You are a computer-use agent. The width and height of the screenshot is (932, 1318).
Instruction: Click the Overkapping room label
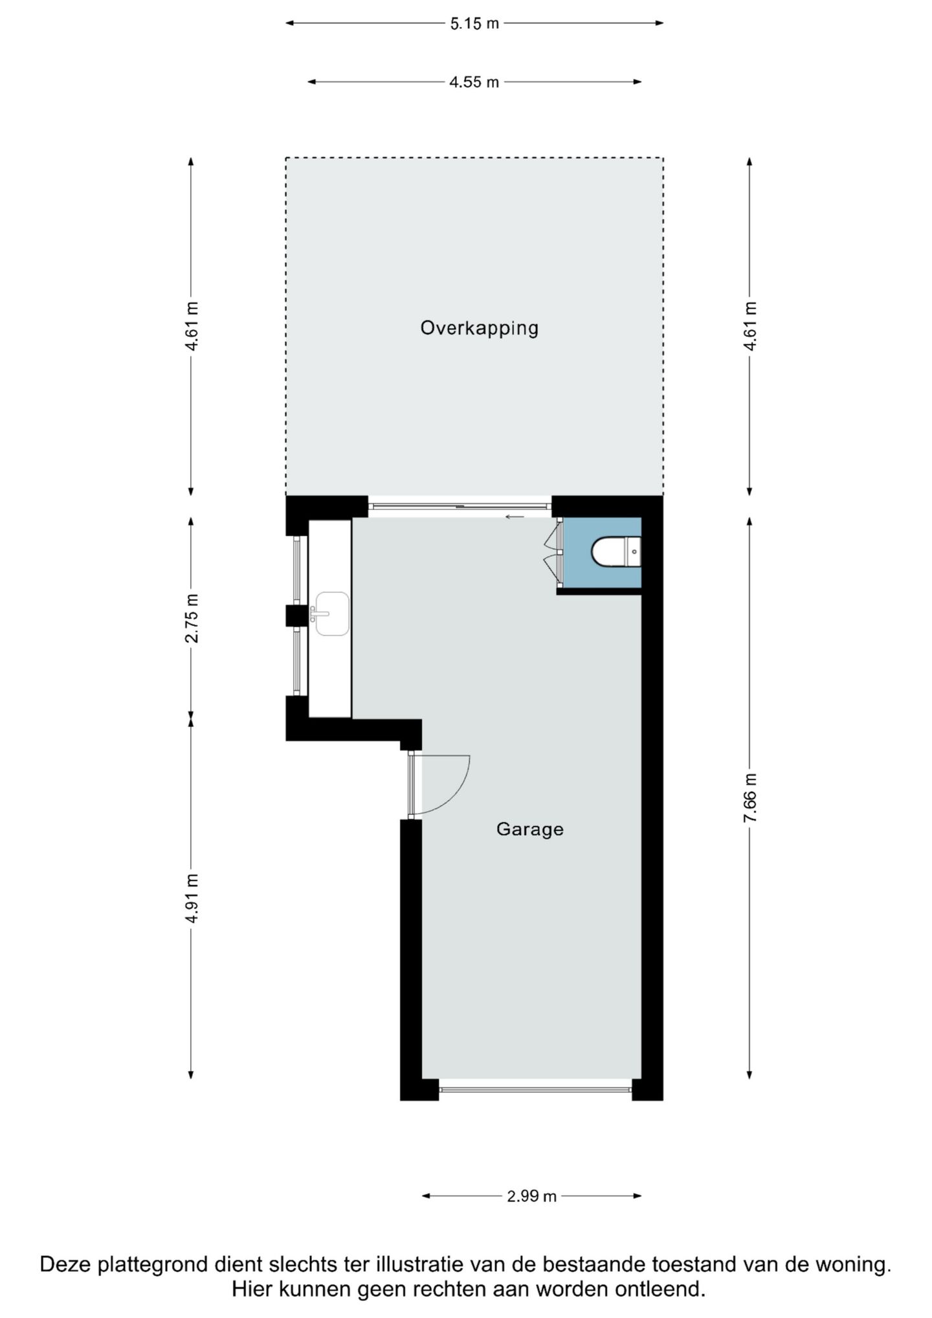point(479,328)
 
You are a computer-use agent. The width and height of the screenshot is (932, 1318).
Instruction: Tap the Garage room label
point(529,829)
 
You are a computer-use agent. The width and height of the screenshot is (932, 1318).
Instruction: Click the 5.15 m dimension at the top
point(474,23)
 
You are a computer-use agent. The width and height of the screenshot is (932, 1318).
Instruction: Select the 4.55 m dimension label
point(474,82)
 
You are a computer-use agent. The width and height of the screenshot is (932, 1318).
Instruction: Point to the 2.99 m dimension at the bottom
point(531,1196)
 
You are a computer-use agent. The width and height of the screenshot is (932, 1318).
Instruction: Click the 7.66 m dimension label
point(749,798)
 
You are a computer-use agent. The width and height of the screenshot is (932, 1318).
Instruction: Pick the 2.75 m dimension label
point(192,618)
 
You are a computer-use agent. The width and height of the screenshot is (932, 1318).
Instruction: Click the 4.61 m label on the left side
point(192,326)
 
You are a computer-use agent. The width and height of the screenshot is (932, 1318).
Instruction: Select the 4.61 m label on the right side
point(749,326)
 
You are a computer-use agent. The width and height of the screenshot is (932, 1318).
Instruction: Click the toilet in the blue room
point(616,552)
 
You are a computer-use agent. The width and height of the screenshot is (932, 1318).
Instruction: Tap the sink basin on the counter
point(332,613)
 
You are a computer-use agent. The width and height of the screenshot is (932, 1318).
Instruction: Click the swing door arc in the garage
point(447,790)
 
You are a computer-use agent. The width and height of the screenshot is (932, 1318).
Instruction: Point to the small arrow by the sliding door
point(515,517)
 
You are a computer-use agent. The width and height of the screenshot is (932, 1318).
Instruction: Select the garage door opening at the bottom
point(535,1089)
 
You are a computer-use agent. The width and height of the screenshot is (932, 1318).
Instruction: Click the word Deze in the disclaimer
point(66,1264)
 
